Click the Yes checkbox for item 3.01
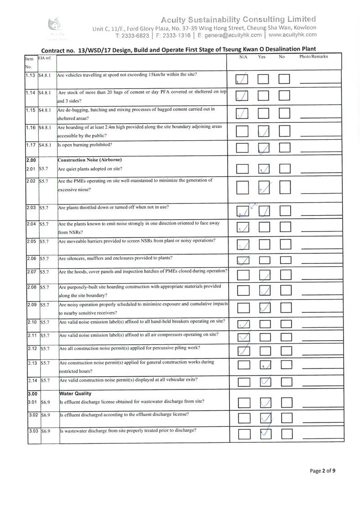pyautogui.click(x=265, y=402)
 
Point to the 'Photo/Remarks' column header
pyautogui.click(x=313, y=57)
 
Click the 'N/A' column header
pyautogui.click(x=243, y=57)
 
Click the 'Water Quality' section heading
pyautogui.click(x=75, y=393)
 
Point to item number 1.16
pyautogui.click(x=31, y=127)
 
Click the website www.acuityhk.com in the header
pyautogui.click(x=292, y=34)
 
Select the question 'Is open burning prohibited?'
pyautogui.click(x=84, y=145)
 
